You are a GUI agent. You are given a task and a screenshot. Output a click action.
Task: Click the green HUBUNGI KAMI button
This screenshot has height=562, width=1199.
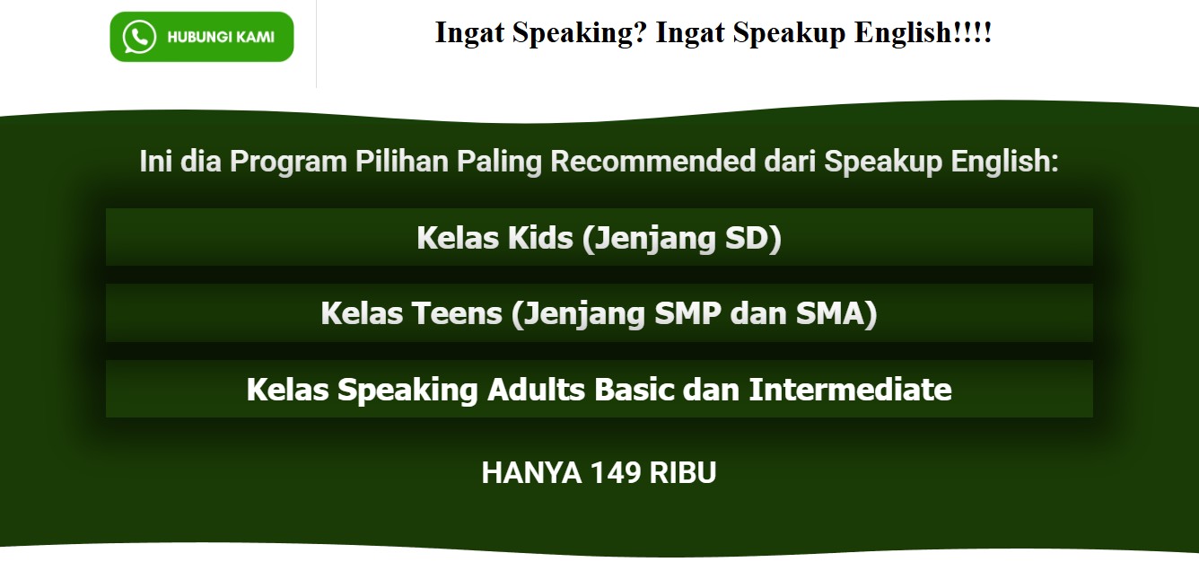[202, 37]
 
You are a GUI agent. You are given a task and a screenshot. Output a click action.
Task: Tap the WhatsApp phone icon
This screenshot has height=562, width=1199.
[139, 37]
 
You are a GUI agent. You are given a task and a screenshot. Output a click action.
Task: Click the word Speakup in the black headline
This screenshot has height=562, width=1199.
[789, 34]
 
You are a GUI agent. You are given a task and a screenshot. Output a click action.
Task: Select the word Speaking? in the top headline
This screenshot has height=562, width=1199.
[580, 34]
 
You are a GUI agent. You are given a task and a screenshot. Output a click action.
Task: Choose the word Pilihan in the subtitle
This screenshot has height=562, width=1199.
[401, 161]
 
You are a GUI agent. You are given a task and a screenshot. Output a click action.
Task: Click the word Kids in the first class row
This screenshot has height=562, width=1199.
[540, 238]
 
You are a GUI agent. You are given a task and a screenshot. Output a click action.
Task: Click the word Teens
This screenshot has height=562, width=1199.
[457, 313]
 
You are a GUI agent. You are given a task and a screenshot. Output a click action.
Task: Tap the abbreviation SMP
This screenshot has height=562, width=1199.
[687, 313]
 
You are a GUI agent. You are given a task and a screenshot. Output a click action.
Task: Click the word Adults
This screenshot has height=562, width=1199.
[536, 389]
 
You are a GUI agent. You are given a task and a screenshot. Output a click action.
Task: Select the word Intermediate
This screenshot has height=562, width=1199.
[850, 389]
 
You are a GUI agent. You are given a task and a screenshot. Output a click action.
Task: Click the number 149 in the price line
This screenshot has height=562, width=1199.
[616, 472]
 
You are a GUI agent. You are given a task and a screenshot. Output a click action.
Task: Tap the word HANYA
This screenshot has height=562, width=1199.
[531, 472]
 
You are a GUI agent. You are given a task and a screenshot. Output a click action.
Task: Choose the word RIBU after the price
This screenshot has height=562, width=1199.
[682, 472]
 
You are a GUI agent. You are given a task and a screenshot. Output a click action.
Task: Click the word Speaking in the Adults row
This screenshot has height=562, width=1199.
[407, 391]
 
